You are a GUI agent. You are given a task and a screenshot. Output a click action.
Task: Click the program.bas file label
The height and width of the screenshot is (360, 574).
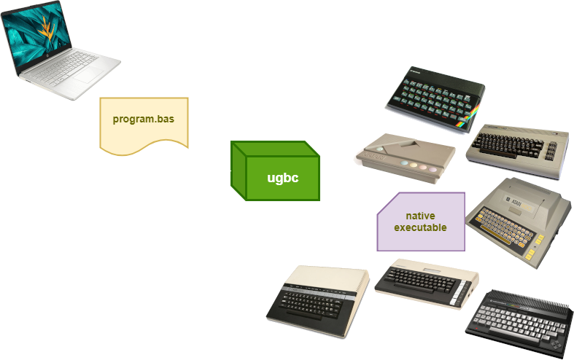143,118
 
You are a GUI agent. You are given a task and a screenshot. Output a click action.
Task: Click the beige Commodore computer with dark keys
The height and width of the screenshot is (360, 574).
519,149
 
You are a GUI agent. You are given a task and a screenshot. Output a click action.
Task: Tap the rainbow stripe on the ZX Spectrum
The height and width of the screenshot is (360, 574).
471,113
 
